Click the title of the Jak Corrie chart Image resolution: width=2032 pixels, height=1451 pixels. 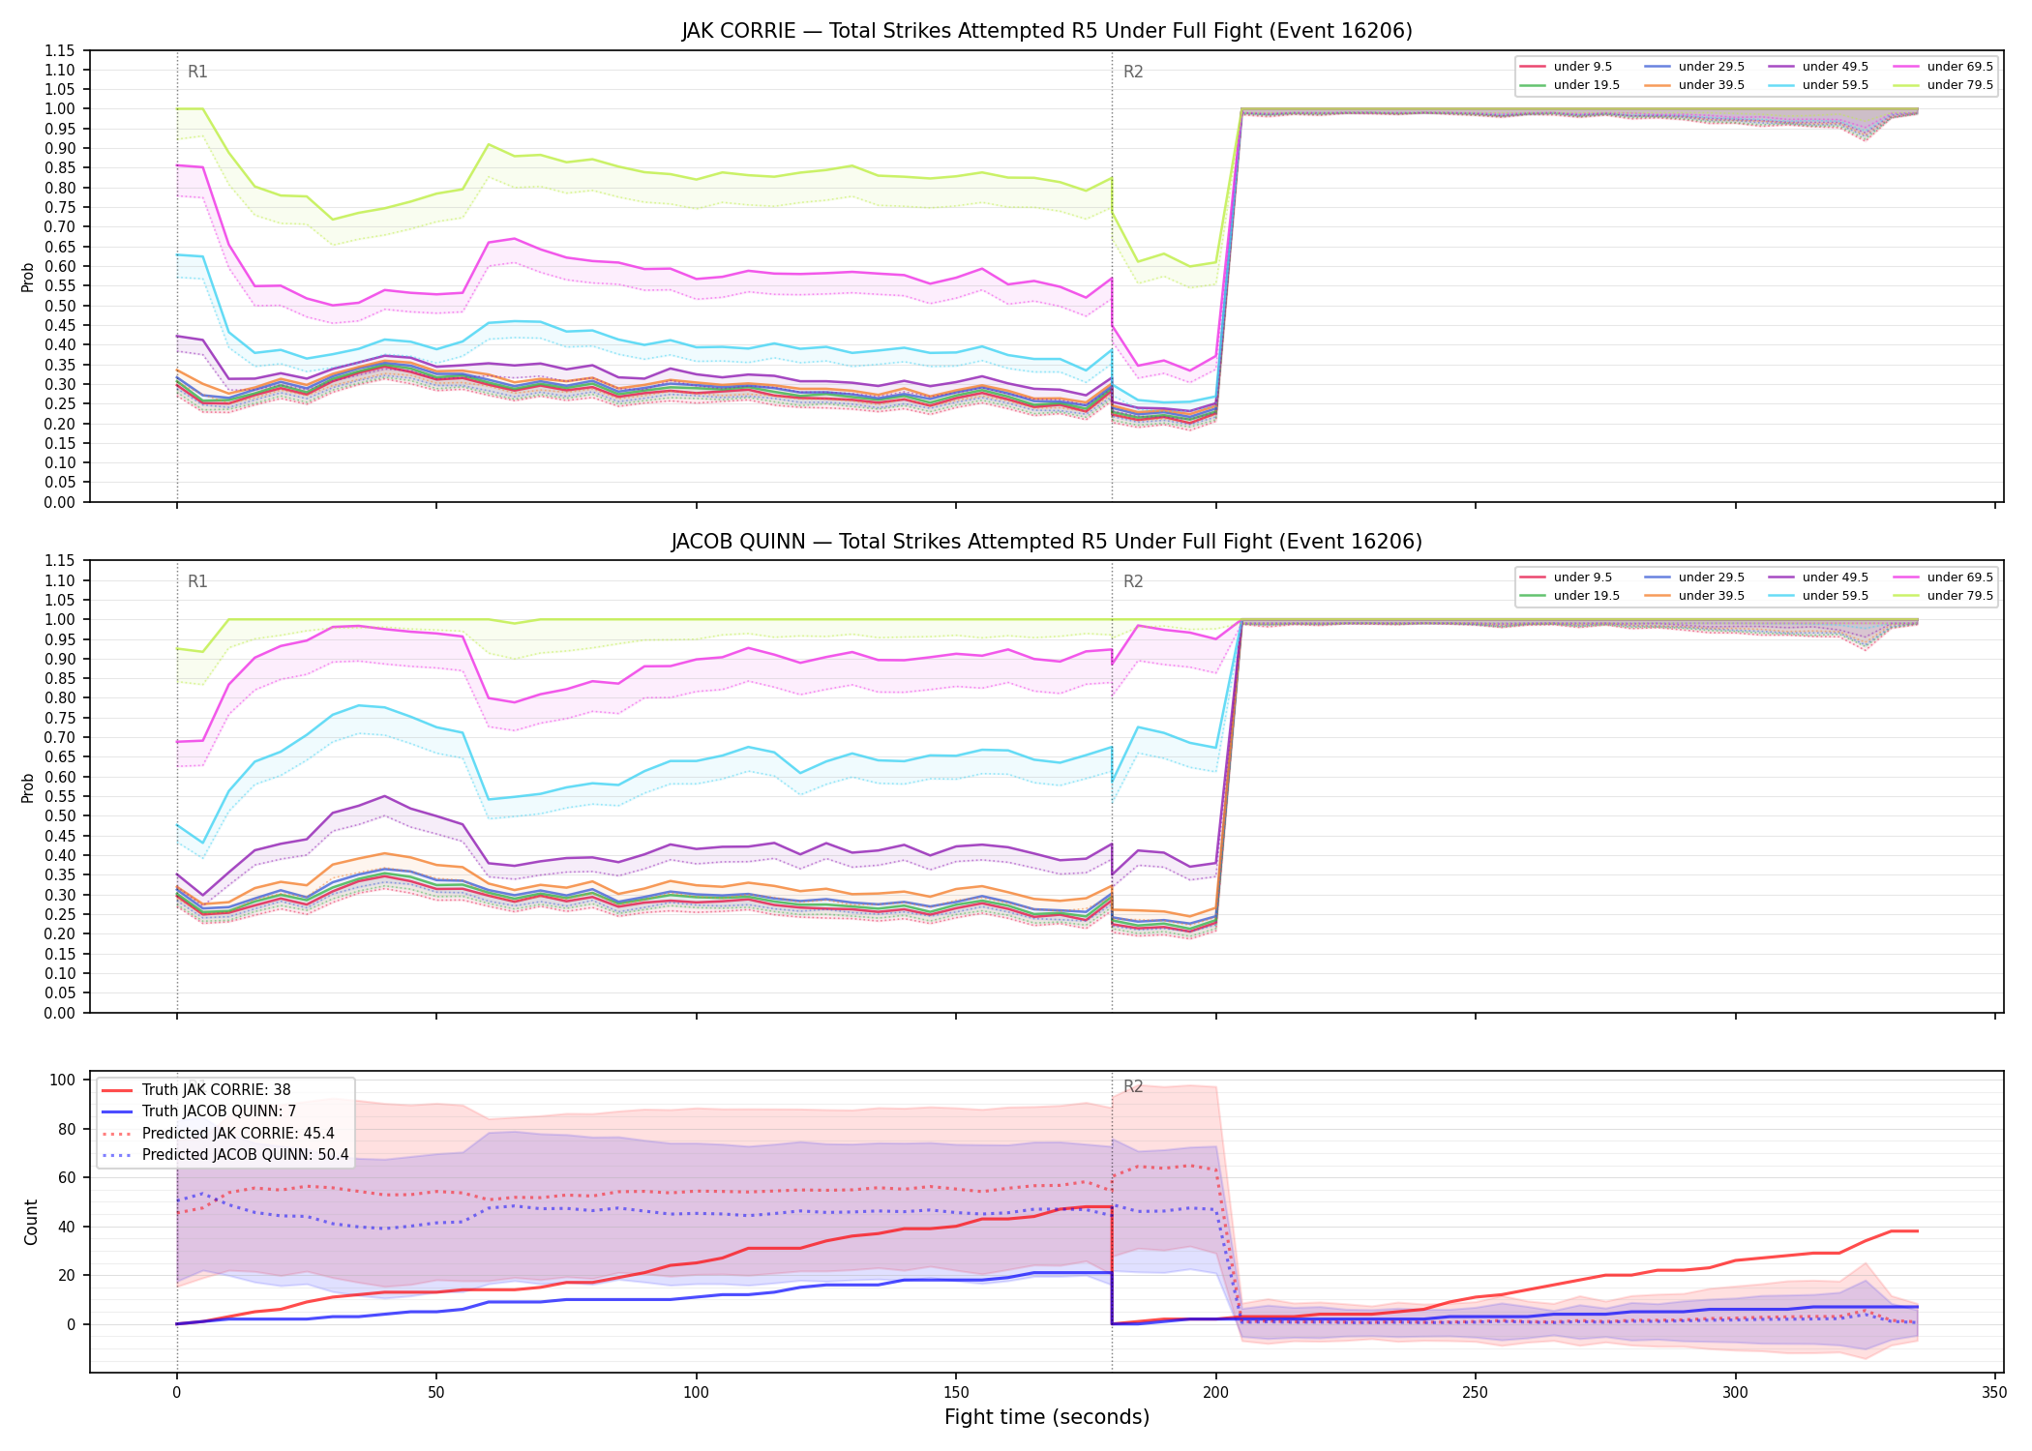coord(1046,31)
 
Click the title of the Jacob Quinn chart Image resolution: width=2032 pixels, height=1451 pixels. coord(1046,542)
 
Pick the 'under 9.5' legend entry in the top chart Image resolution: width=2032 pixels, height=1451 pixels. coord(1567,67)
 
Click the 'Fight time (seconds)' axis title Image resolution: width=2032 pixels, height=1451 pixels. coord(1047,1417)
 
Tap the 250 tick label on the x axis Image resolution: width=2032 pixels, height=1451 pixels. coord(1476,1393)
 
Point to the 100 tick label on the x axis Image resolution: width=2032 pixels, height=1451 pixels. coord(696,1393)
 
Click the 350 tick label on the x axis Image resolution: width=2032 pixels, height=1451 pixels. coord(1994,1393)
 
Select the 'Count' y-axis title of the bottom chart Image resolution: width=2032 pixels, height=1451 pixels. coord(31,1222)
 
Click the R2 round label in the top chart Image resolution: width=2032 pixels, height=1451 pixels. coord(1133,72)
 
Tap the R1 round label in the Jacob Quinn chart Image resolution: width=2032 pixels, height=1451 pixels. coord(197,581)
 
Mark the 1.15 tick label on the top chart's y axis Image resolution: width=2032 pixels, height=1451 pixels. coord(60,50)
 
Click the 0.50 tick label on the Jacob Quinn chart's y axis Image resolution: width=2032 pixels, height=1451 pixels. coord(60,816)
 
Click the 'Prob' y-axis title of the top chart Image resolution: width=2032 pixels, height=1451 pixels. coord(28,277)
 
